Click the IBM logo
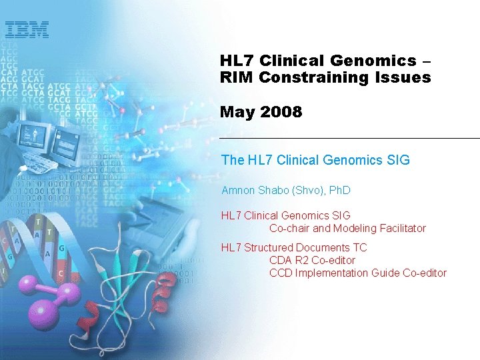click(x=27, y=30)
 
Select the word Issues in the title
click(x=401, y=77)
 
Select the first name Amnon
click(x=237, y=191)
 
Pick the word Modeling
click(x=353, y=228)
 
